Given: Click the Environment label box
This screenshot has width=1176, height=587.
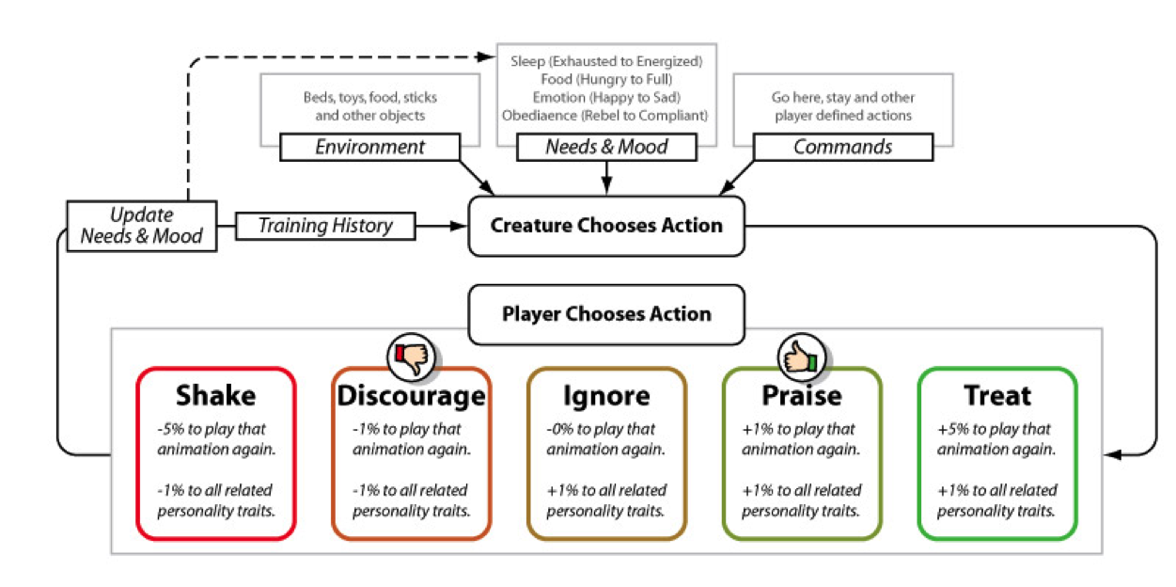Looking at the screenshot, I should pos(369,147).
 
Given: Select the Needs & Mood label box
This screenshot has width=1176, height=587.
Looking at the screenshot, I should pos(606,147).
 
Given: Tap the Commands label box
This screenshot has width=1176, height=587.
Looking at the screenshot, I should pos(842,147).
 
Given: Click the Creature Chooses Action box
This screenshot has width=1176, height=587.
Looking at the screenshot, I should pos(606,226).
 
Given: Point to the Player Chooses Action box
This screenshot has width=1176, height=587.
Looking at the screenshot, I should pos(606,313).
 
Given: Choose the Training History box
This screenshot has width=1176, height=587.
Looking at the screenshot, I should pos(324,226).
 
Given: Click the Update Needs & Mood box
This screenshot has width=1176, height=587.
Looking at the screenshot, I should pos(142,226).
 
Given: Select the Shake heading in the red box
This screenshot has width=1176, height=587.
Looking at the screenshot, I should pos(215,395).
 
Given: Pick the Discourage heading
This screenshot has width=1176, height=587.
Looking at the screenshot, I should pos(412,395).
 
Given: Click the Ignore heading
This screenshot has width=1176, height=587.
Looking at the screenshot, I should pos(606,395).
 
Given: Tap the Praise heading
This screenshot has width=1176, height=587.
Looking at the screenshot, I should pos(802,395).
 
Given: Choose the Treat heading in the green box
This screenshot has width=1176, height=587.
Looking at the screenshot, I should pos(996,395).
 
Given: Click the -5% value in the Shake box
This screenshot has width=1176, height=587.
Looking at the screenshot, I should pos(172,429).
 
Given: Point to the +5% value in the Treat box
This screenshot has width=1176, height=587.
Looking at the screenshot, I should pos(953,429).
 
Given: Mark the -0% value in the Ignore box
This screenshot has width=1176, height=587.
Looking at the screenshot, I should pos(561,429).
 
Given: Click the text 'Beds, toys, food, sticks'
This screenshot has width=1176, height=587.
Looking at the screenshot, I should pos(369,98).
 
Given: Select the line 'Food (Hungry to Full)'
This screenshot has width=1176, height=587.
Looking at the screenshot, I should pos(606,79).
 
